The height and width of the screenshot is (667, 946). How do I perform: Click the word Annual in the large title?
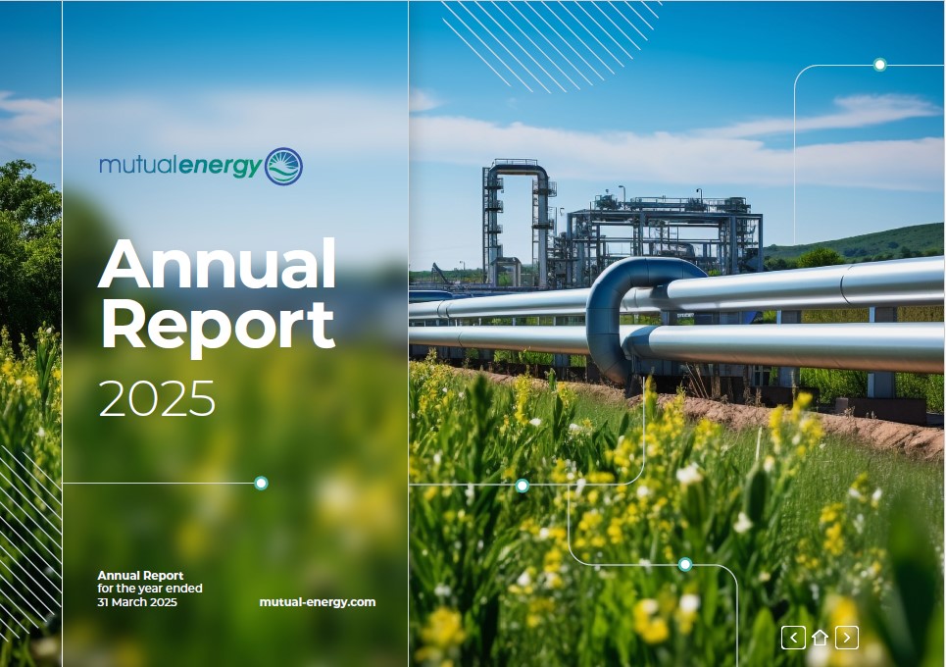coord(217,264)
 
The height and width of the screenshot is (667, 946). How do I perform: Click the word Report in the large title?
coord(218,326)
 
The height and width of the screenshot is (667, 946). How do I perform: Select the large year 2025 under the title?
coord(156,398)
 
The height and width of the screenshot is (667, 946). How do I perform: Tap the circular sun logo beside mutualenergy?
coord(283,166)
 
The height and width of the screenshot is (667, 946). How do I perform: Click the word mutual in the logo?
coord(139,164)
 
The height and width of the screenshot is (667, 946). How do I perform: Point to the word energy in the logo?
coord(221,167)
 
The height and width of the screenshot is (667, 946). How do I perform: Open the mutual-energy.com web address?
coord(318,602)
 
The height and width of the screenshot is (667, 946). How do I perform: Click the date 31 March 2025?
coord(137,602)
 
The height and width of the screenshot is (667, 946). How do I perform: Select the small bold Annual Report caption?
coord(140,575)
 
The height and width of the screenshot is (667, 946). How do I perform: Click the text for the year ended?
coord(150,588)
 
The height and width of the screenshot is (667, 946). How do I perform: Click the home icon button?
coord(820,638)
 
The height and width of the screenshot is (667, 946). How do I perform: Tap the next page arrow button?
coord(846,638)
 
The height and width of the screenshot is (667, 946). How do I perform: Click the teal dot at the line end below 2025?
coord(261,483)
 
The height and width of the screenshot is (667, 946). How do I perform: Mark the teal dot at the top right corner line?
coord(879,65)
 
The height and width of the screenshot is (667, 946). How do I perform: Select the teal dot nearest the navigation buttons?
coord(685,564)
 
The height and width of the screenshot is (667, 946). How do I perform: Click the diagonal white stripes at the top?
coord(549,42)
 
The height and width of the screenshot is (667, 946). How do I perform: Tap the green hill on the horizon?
coord(863,241)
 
